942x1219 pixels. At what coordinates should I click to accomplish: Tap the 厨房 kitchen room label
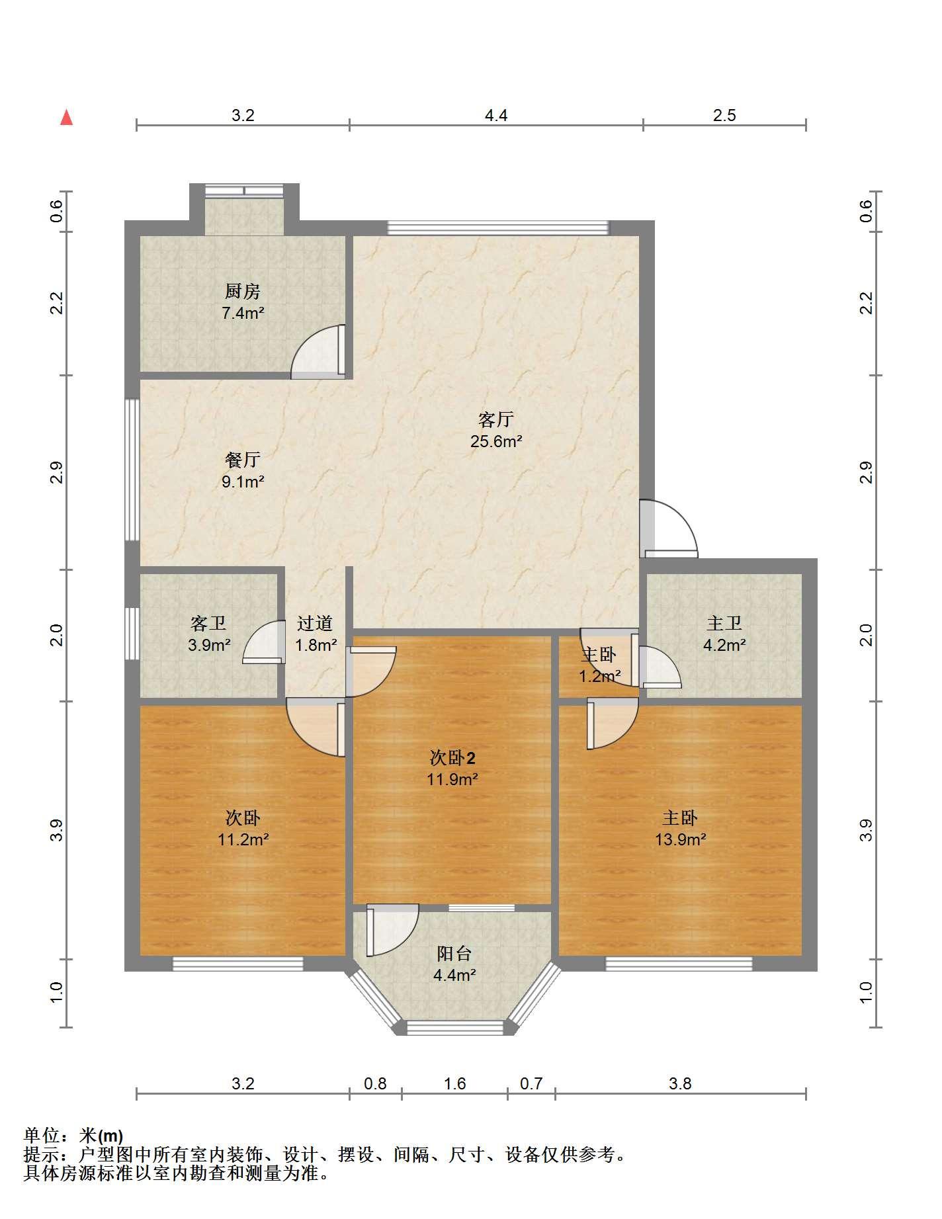point(243,291)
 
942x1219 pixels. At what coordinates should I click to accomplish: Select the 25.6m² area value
point(496,441)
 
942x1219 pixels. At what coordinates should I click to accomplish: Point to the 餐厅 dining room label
point(243,460)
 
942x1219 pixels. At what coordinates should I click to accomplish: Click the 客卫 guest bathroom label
point(208,623)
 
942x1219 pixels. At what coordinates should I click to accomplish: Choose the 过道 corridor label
point(315,623)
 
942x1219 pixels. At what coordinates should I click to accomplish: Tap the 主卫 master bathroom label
point(724,623)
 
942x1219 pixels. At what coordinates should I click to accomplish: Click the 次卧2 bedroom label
point(452,758)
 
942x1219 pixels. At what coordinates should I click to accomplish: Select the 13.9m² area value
point(680,839)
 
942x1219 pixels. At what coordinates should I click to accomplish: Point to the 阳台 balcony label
point(454,953)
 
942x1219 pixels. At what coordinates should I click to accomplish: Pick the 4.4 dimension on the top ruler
point(496,116)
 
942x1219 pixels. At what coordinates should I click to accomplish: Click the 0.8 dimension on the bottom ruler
point(375,1084)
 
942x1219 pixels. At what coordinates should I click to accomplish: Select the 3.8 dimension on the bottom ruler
point(680,1084)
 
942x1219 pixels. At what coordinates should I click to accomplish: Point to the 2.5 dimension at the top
point(724,116)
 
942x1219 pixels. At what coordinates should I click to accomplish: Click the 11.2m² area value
point(243,839)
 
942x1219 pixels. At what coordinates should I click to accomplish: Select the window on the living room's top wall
point(497,228)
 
